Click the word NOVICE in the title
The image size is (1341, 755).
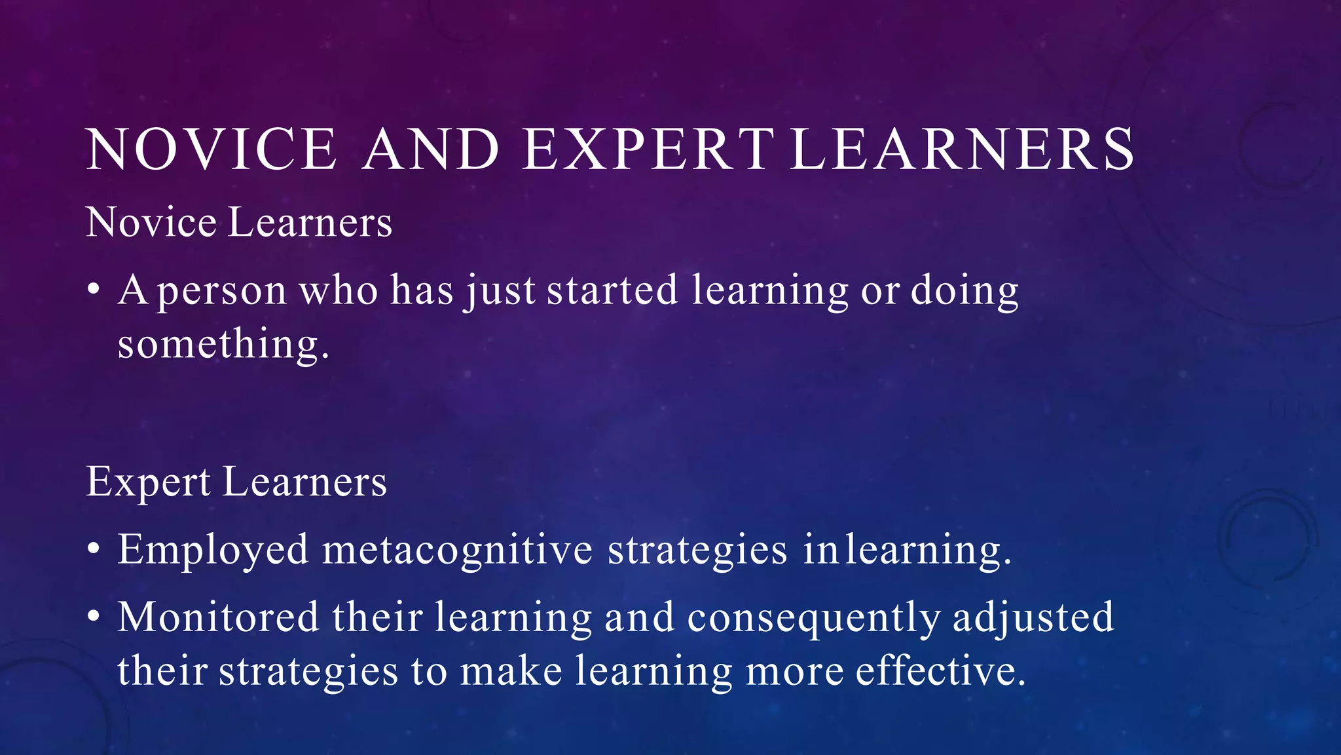[211, 149]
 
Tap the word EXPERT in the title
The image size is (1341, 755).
[648, 149]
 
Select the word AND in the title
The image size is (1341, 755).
[431, 149]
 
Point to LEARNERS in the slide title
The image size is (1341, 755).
[962, 149]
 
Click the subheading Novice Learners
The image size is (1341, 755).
[239, 222]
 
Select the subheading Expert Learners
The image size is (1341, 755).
[236, 482]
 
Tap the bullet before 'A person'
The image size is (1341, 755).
[94, 289]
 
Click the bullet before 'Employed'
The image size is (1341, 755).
[94, 549]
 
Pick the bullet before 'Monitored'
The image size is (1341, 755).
[94, 617]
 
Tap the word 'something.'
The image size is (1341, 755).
[223, 344]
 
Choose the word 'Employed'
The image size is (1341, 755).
[213, 549]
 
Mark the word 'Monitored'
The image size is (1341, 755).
[218, 617]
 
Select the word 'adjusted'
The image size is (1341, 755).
[1033, 618]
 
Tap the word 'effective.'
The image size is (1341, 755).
[940, 671]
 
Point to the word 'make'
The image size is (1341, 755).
[511, 671]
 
